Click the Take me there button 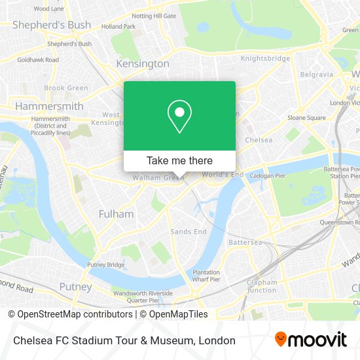pyautogui.click(x=179, y=160)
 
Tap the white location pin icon pyautogui.click(x=179, y=116)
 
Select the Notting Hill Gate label pyautogui.click(x=154, y=16)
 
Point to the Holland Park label pyautogui.click(x=118, y=27)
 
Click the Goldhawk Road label pyautogui.click(x=38, y=60)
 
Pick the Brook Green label pyautogui.click(x=65, y=88)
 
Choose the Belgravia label pyautogui.click(x=316, y=75)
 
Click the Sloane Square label pyautogui.click(x=306, y=118)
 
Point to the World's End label pyautogui.click(x=223, y=174)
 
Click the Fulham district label pyautogui.click(x=116, y=213)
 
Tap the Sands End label pyautogui.click(x=189, y=232)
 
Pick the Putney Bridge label pyautogui.click(x=106, y=265)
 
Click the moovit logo pyautogui.click(x=311, y=340)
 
